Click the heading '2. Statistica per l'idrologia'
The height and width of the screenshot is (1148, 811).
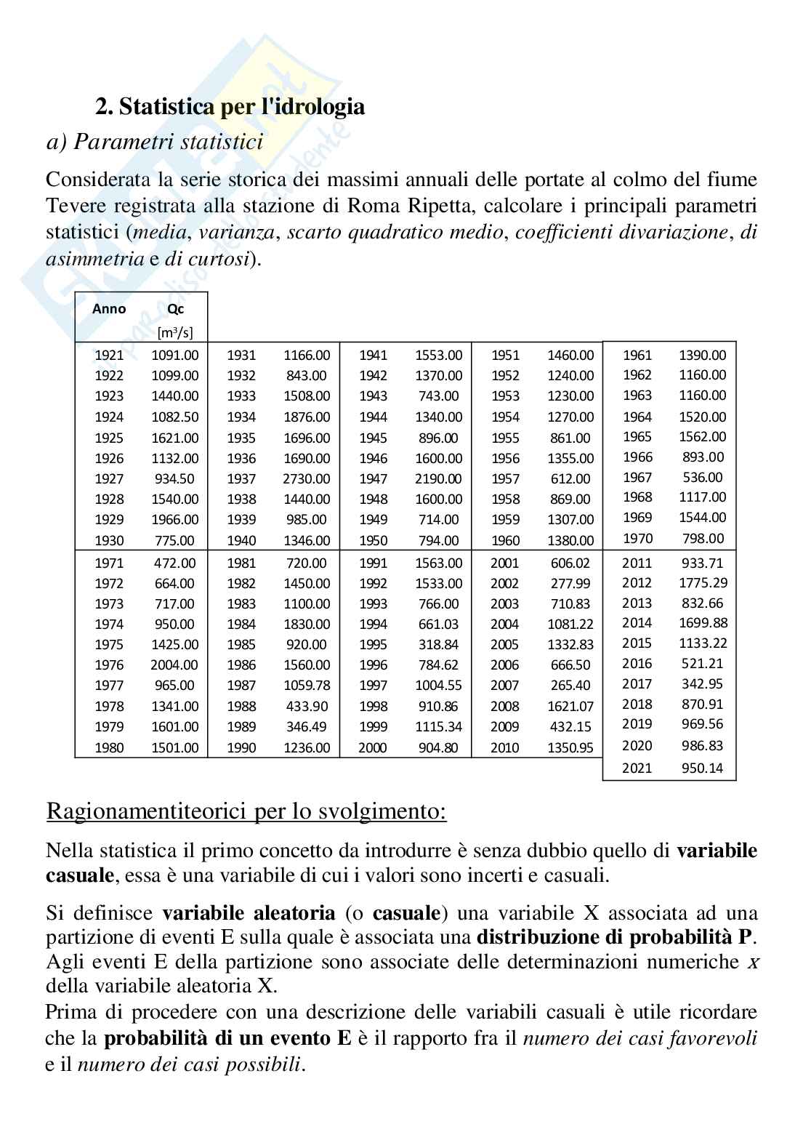click(x=230, y=107)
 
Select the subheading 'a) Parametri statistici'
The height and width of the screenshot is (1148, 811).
click(x=154, y=141)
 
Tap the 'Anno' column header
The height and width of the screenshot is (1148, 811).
click(x=109, y=309)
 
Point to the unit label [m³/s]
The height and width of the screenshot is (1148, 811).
click(x=175, y=333)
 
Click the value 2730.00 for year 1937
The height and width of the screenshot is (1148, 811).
click(x=306, y=478)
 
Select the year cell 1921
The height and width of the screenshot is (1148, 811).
click(x=109, y=356)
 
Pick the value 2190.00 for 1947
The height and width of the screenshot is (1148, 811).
click(x=438, y=478)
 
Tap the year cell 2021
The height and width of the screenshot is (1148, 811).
click(x=637, y=768)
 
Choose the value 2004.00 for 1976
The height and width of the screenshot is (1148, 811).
click(x=174, y=665)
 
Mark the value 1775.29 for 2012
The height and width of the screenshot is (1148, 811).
click(x=703, y=582)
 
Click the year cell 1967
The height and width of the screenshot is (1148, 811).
click(x=637, y=477)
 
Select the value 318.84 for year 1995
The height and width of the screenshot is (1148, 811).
click(x=438, y=644)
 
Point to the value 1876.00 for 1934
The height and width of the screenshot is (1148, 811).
click(x=306, y=417)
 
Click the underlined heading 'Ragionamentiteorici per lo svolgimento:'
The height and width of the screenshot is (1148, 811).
click(x=246, y=811)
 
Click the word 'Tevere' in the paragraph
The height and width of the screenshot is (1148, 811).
click(x=73, y=205)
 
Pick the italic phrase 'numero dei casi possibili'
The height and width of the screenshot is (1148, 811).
click(x=189, y=1065)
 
